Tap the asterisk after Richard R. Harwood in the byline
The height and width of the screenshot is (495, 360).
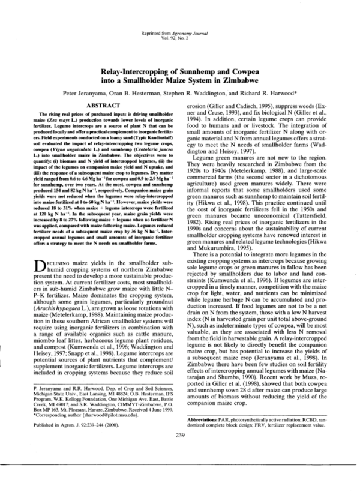click(x=298, y=93)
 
